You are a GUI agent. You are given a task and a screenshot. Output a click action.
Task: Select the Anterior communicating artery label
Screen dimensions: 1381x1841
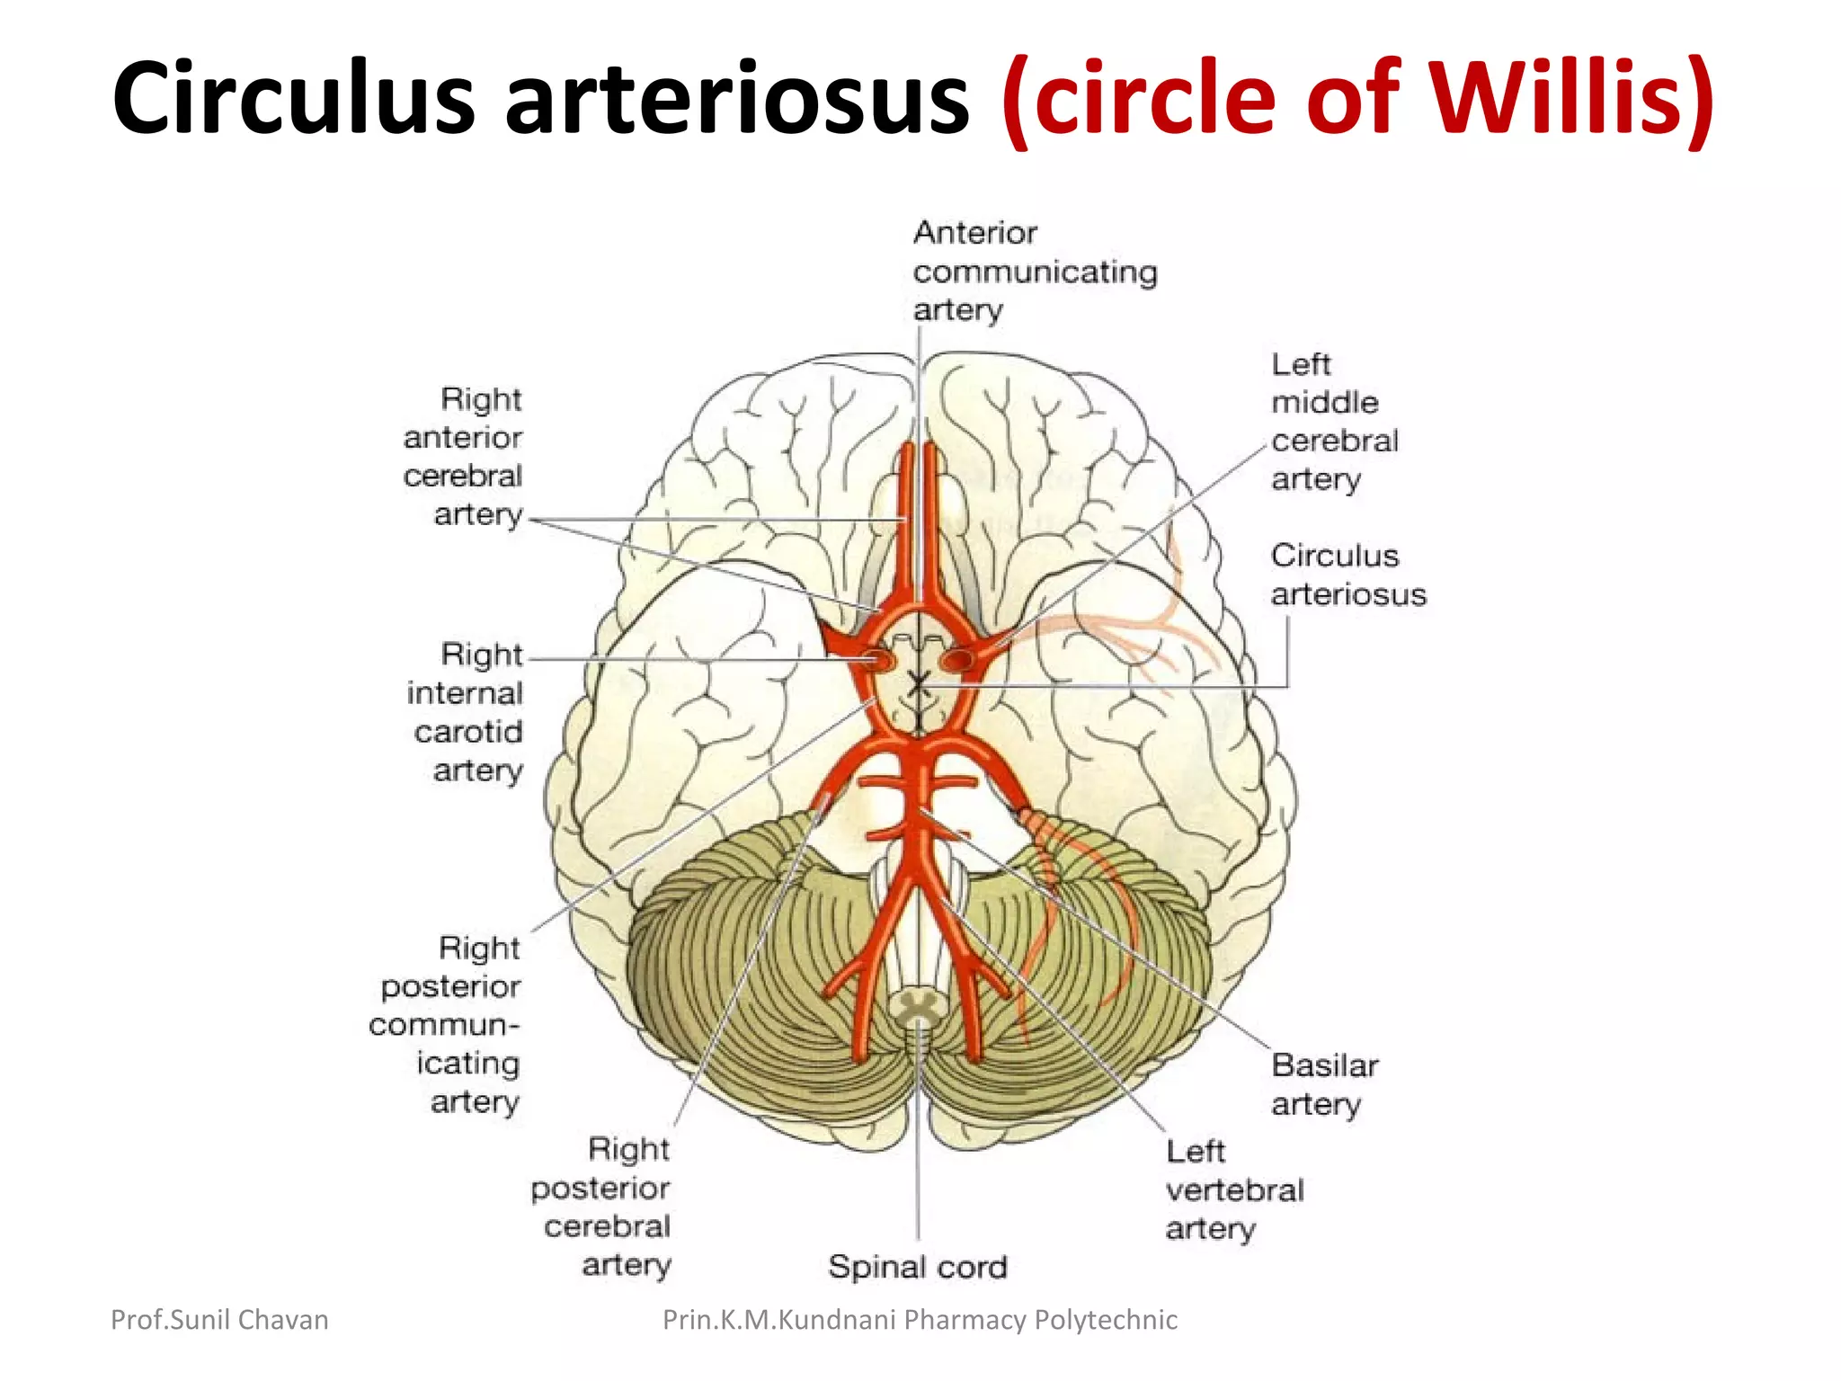click(x=1034, y=271)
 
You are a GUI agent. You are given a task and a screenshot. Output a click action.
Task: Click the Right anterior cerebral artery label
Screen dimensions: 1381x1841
click(x=463, y=457)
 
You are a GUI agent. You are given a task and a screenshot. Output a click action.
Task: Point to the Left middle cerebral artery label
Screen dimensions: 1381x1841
click(x=1334, y=422)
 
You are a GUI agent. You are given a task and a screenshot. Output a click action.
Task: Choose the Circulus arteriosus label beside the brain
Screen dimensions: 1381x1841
click(x=1347, y=575)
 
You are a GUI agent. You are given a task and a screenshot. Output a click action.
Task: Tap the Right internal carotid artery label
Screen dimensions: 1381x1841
click(x=466, y=711)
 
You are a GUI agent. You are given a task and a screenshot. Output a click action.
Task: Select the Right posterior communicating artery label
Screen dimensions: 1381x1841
click(x=446, y=1024)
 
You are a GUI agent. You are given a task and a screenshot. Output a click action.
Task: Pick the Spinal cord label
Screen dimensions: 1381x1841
click(x=917, y=1267)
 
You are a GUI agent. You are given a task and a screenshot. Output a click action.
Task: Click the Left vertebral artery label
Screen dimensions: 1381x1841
click(x=1233, y=1189)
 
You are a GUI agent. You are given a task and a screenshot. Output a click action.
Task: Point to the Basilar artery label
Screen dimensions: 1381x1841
click(x=1323, y=1084)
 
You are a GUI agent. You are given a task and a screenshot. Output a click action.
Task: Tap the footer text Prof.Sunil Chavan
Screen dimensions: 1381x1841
click(x=219, y=1319)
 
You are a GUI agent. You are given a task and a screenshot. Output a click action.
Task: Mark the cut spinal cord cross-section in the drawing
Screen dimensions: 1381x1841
click(x=918, y=1005)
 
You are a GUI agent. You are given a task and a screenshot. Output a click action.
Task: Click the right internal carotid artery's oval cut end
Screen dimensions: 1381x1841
click(x=878, y=661)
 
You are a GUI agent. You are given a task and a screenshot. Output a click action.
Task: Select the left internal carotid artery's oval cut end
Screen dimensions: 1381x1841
click(x=956, y=662)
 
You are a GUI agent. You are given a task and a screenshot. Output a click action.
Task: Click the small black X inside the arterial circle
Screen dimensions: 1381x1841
click(x=918, y=685)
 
